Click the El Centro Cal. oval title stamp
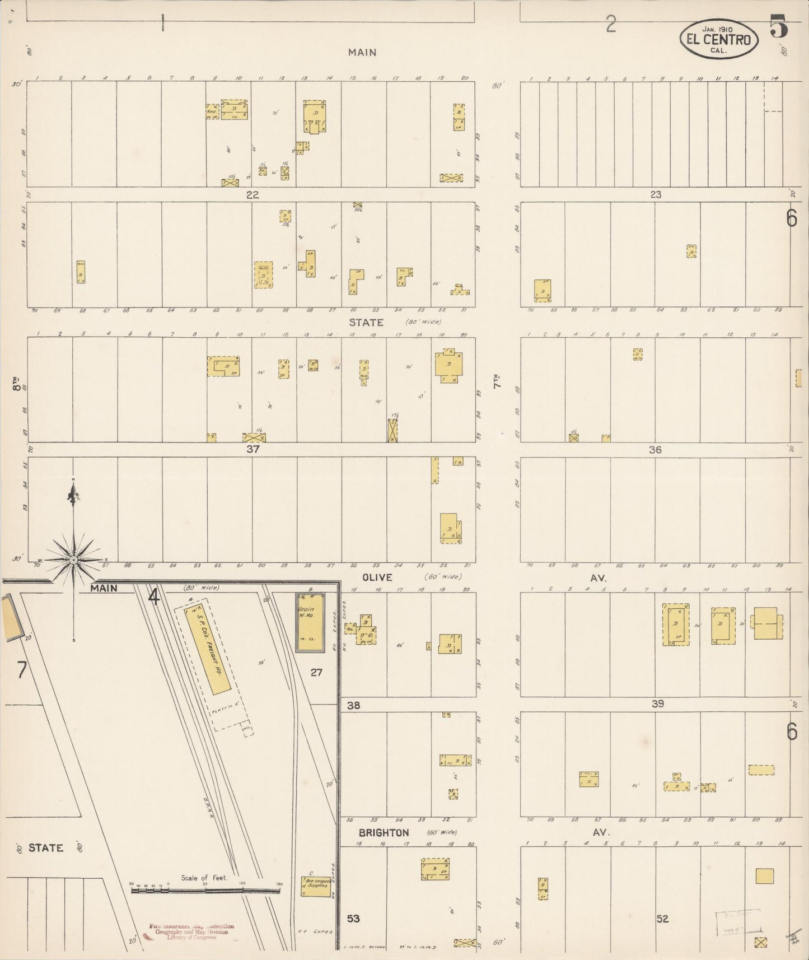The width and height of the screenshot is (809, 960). point(719,40)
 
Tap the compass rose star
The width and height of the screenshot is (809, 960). point(73,560)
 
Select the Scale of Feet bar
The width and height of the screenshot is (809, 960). point(205,889)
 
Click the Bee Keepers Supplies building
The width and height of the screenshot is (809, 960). point(316,886)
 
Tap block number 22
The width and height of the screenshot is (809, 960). point(253,195)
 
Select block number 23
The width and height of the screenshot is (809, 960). point(656,194)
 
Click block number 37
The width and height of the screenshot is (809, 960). point(253,449)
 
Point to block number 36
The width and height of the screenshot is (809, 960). point(655,449)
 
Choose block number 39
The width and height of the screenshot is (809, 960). point(657,704)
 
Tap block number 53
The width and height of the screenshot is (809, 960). point(353,919)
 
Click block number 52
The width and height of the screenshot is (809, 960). point(662,919)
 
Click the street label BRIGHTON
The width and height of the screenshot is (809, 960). point(384,833)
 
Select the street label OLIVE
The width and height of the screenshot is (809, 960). point(377,577)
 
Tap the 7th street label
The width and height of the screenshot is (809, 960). point(496,383)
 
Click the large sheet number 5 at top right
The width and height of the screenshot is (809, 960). point(779,26)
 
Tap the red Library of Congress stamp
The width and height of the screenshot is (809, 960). point(191,931)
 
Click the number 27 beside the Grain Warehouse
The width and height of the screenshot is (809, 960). point(316,672)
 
